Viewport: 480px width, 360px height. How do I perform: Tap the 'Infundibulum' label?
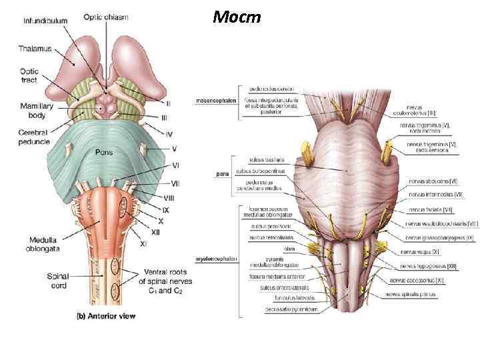point(45,21)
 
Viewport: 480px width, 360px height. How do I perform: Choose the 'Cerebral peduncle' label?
point(35,137)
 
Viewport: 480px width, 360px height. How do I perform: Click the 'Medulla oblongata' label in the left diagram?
point(45,245)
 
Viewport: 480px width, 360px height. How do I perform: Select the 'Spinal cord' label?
point(58,280)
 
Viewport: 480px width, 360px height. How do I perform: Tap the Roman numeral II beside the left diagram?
point(168,103)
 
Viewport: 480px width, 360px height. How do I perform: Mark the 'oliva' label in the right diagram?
point(289,248)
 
